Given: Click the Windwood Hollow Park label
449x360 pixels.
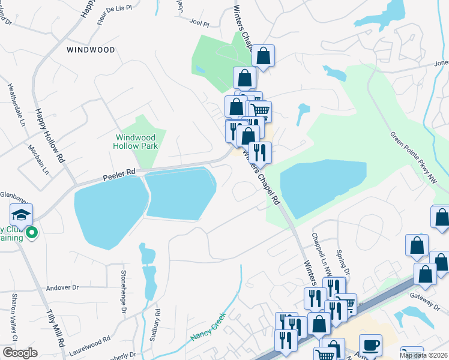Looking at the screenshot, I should pos(136,141).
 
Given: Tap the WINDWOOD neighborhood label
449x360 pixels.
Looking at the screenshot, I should pos(91,50).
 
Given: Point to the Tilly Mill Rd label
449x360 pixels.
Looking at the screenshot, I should pos(56,328).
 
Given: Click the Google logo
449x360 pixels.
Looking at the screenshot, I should pos(20,353).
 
